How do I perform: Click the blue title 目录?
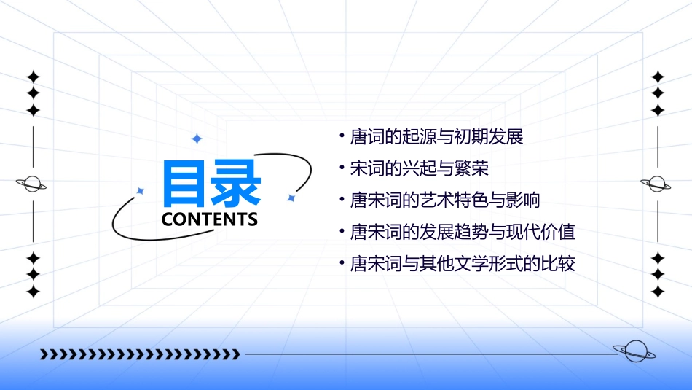[x=211, y=183]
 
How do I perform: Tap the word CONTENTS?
[x=210, y=219]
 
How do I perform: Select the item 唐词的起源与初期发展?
[x=437, y=137]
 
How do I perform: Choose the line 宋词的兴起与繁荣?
[x=419, y=169]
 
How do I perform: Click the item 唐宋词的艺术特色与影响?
[x=445, y=200]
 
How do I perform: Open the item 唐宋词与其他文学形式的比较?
[x=463, y=264]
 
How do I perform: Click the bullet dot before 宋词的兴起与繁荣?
[x=342, y=168]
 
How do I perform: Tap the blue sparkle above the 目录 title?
[x=196, y=139]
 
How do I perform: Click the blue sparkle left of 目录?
[x=141, y=191]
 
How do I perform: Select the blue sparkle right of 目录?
[x=291, y=198]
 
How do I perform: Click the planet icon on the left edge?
[x=33, y=184]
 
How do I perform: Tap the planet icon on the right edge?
[x=657, y=184]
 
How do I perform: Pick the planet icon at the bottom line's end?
[x=634, y=352]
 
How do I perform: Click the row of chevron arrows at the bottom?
[x=140, y=354]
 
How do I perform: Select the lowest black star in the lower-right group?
[x=658, y=292]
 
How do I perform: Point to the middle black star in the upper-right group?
[x=658, y=93]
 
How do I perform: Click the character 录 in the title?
[x=236, y=183]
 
